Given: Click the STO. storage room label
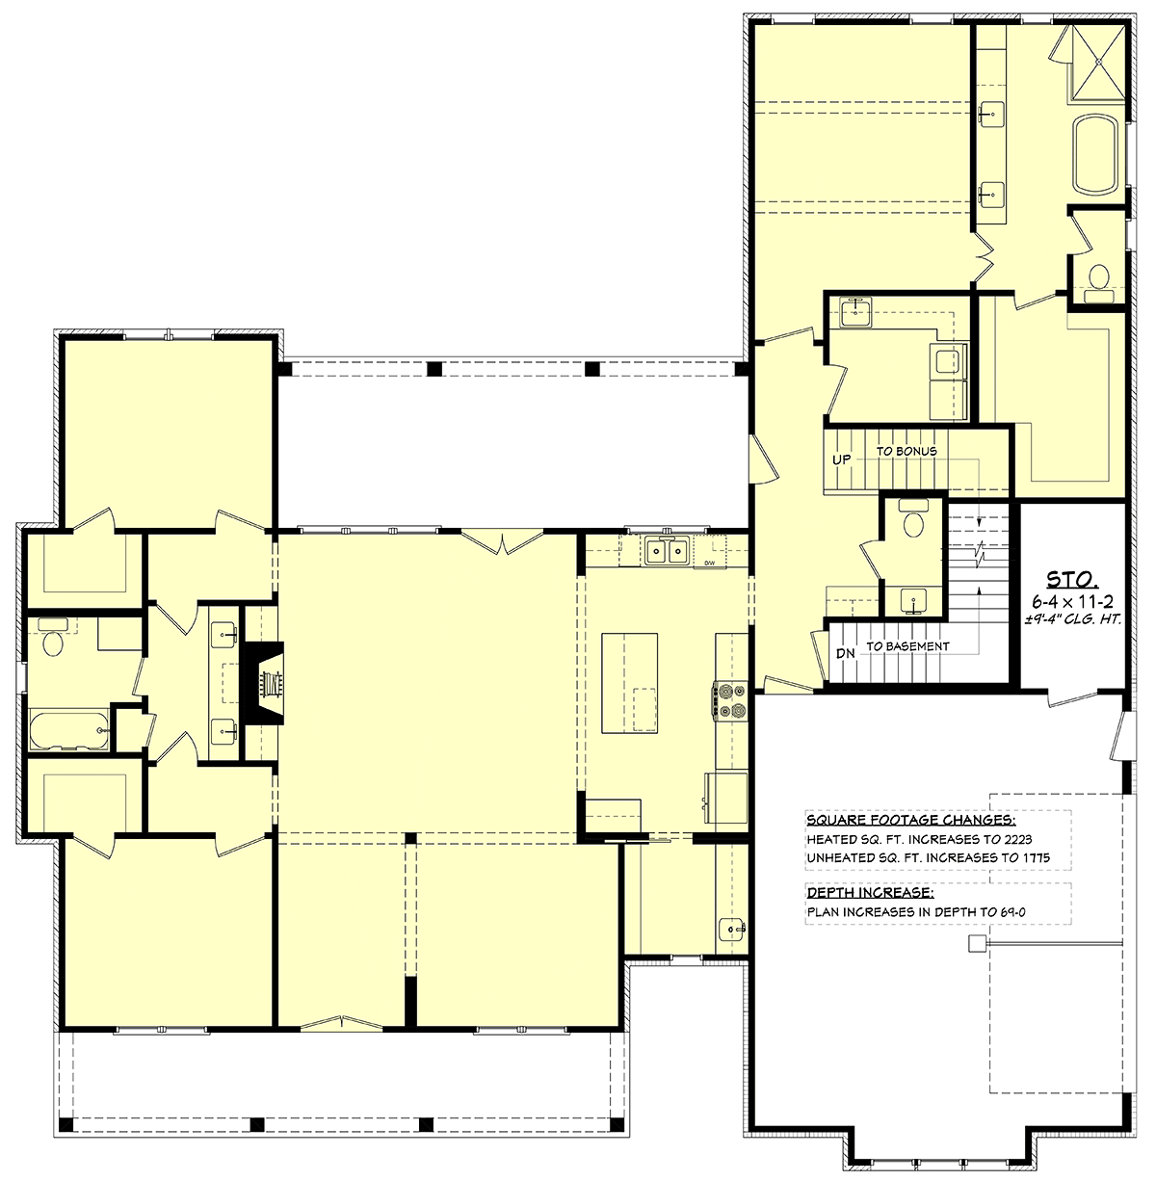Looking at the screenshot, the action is pyautogui.click(x=1072, y=579).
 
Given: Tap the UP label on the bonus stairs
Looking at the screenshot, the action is pyautogui.click(x=841, y=459).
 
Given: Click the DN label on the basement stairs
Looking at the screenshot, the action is pyautogui.click(x=845, y=653).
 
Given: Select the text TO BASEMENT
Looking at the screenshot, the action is pyautogui.click(x=907, y=646).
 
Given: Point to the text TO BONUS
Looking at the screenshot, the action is pyautogui.click(x=906, y=451).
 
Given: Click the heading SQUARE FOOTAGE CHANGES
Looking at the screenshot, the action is pyautogui.click(x=911, y=820).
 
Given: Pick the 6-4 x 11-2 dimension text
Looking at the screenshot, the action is pyautogui.click(x=1072, y=602).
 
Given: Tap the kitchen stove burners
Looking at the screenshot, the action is pyautogui.click(x=729, y=699).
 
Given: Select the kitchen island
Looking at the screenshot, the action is pyautogui.click(x=629, y=683).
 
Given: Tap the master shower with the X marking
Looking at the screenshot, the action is pyautogui.click(x=1098, y=62).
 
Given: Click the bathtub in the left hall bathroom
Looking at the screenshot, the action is pyautogui.click(x=69, y=729).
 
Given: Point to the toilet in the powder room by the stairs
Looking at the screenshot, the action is pyautogui.click(x=912, y=521).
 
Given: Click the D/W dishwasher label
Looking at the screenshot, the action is pyautogui.click(x=710, y=563).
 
